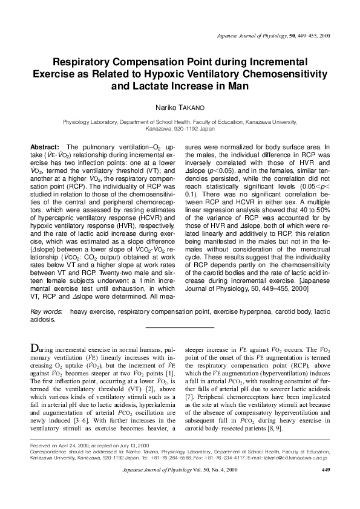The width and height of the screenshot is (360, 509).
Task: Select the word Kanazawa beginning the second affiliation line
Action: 157,129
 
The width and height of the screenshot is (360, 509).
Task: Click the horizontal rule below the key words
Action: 180,327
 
